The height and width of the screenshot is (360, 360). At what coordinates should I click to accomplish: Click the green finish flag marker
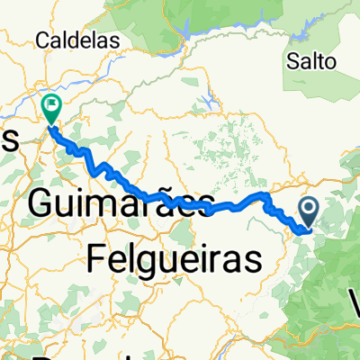(51, 109)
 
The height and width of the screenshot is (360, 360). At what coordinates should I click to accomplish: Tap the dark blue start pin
(308, 213)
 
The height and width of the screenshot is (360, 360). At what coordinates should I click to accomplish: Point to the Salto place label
(311, 62)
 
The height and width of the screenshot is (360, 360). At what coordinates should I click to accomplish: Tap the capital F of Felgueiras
(100, 259)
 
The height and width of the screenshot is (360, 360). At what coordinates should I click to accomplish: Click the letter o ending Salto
(330, 62)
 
